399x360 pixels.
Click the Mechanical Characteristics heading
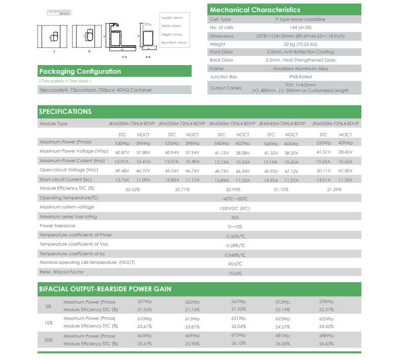tap(255, 10)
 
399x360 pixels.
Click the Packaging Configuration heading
tap(80, 72)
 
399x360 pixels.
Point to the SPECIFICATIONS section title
tap(65, 111)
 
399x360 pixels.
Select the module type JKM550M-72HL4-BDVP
tap(335, 124)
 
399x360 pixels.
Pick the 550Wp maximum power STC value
tap(323, 143)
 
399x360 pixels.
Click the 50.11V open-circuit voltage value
tap(323, 171)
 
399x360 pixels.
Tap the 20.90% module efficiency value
tap(232, 189)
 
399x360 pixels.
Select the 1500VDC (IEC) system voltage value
tap(234, 208)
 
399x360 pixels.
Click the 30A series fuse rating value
tap(235, 217)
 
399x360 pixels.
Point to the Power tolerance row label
tap(57, 226)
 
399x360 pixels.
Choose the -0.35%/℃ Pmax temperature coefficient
tap(235, 236)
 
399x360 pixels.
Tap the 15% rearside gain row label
tap(48, 323)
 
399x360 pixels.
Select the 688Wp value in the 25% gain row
tap(326, 336)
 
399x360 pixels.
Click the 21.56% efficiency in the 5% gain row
tap(145, 310)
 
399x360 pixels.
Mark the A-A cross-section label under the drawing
tap(125, 57)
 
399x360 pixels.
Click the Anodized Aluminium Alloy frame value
tap(300, 69)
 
